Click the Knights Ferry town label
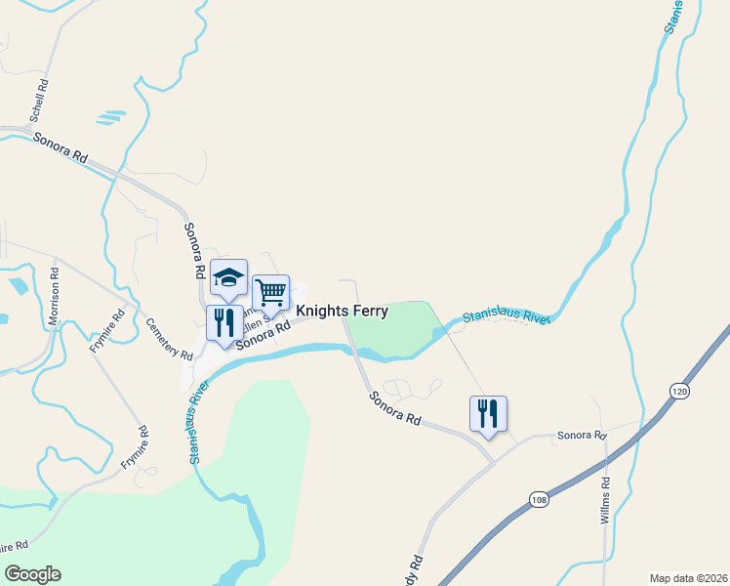(x=342, y=312)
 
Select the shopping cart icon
(x=270, y=292)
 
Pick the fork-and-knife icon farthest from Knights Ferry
(x=488, y=413)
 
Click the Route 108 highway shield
(x=541, y=500)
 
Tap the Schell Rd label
(x=38, y=105)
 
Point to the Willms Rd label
(x=605, y=503)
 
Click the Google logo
(x=32, y=574)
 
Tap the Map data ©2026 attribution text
(x=687, y=577)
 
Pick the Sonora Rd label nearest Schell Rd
(x=61, y=147)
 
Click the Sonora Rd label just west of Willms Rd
(x=582, y=436)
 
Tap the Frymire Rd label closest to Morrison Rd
(x=107, y=330)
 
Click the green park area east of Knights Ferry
(x=390, y=330)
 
